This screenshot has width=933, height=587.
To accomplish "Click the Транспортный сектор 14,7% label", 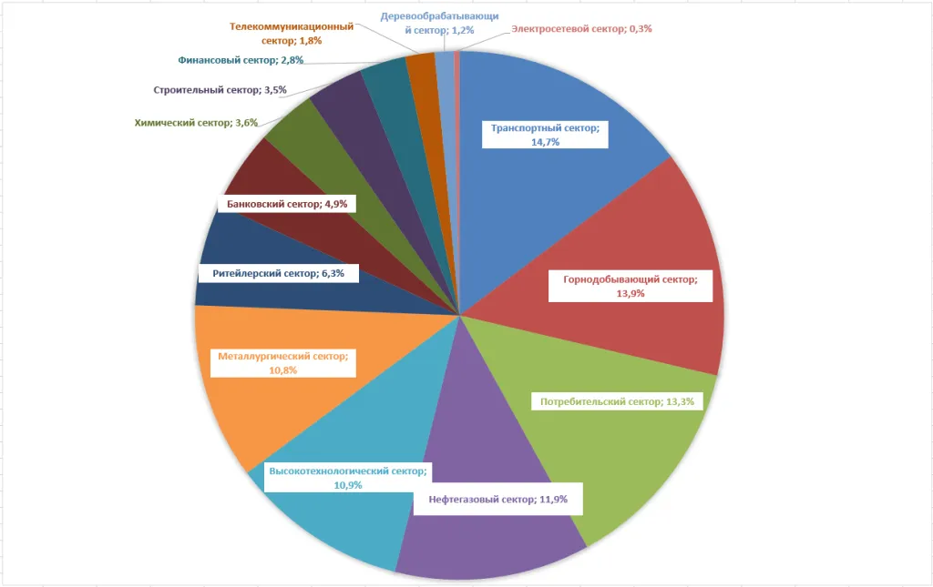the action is [x=545, y=135].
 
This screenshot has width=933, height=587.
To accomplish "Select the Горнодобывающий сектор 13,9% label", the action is [x=631, y=287].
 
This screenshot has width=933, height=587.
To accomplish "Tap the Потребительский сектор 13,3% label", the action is [x=617, y=401].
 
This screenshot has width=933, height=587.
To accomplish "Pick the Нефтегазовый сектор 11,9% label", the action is [x=498, y=500].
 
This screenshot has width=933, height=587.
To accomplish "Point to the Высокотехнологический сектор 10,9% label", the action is [x=348, y=478].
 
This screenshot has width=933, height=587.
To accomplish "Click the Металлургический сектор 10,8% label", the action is [x=283, y=363].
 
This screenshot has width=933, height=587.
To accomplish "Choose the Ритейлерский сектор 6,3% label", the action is [x=279, y=273].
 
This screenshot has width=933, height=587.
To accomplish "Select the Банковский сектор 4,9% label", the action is [x=287, y=204].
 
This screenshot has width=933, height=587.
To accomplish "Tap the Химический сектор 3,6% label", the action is [x=197, y=123].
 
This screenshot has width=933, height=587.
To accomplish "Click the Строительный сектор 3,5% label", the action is [x=220, y=90].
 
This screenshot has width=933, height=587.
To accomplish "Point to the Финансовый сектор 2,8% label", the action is [x=241, y=60].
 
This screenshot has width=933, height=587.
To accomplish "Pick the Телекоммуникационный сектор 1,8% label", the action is [x=292, y=34].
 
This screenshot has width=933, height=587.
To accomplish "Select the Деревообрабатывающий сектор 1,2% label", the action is [x=440, y=23].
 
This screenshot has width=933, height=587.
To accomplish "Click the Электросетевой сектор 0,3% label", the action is [x=581, y=28].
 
